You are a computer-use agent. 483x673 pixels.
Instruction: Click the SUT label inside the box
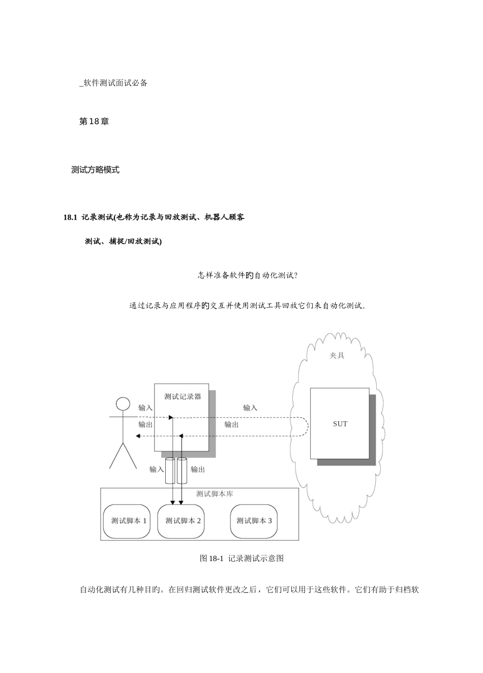[340, 424]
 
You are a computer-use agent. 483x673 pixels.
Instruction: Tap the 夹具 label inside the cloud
[337, 356]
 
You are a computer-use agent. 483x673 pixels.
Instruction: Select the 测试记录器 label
[183, 397]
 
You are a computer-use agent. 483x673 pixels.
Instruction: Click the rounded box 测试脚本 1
[127, 521]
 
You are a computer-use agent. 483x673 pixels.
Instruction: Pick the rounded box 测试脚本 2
[181, 521]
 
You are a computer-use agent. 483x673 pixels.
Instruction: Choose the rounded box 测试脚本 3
[254, 521]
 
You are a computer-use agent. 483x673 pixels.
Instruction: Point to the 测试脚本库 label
[215, 494]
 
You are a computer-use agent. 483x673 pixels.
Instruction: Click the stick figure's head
[123, 404]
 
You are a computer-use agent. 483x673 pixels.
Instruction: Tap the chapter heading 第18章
[94, 122]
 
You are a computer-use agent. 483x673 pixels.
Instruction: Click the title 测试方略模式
[95, 170]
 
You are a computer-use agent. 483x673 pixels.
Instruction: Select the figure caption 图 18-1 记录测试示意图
[242, 558]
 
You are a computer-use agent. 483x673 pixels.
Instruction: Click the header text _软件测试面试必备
[113, 83]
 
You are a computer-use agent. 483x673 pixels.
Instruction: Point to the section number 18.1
[71, 217]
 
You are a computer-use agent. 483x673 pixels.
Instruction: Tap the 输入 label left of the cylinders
[157, 469]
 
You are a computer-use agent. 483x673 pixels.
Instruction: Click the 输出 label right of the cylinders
[198, 469]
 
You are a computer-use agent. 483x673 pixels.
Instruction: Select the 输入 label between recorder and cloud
[250, 407]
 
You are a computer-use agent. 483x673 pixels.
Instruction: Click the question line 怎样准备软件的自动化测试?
[248, 275]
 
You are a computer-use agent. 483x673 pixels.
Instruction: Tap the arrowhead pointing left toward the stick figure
[138, 436]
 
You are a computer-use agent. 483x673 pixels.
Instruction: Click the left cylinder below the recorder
[170, 471]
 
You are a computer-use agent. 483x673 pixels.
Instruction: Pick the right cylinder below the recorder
[182, 471]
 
